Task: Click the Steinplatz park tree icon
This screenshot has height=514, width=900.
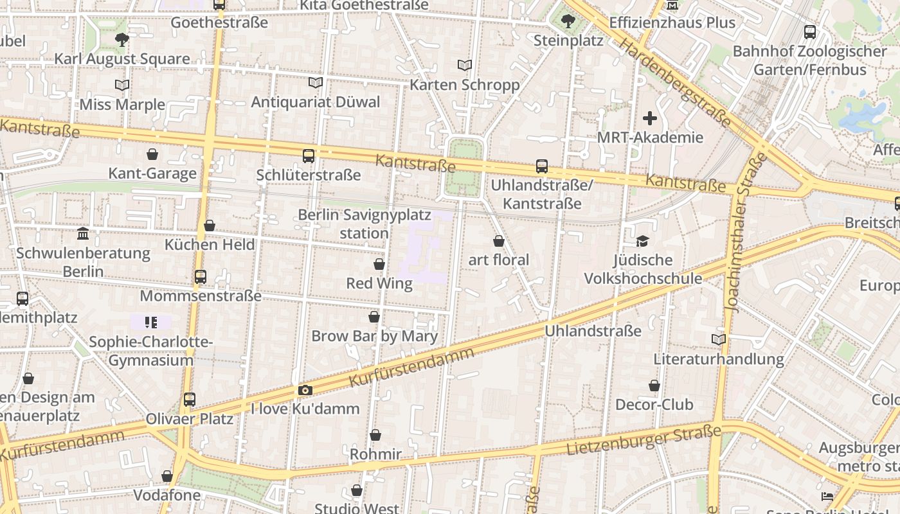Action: click(568, 21)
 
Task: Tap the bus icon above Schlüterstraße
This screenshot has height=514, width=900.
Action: click(309, 155)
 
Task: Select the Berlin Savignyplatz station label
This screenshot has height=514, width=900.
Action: click(364, 224)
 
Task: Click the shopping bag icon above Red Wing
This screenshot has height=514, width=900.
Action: click(379, 264)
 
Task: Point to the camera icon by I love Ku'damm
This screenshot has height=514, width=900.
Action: click(305, 390)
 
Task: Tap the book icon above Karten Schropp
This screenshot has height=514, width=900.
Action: click(464, 65)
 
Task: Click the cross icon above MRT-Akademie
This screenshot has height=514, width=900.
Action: click(650, 118)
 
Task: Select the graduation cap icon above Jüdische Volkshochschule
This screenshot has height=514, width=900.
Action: click(642, 241)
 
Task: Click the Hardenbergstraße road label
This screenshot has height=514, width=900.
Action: click(674, 82)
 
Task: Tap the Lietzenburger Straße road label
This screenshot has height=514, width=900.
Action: click(643, 440)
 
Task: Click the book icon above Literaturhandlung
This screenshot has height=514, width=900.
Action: click(719, 339)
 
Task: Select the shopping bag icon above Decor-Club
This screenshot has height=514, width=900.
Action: click(654, 385)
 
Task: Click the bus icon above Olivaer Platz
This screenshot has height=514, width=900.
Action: click(189, 399)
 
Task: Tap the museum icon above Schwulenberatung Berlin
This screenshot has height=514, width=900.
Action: click(83, 233)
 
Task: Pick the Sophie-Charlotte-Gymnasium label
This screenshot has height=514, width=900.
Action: click(150, 351)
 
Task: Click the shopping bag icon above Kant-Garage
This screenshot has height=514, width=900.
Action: click(152, 154)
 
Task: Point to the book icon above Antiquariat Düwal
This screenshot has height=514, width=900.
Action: click(315, 82)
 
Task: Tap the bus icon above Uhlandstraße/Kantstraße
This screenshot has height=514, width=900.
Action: click(542, 166)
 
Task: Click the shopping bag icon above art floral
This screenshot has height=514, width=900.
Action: click(499, 241)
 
